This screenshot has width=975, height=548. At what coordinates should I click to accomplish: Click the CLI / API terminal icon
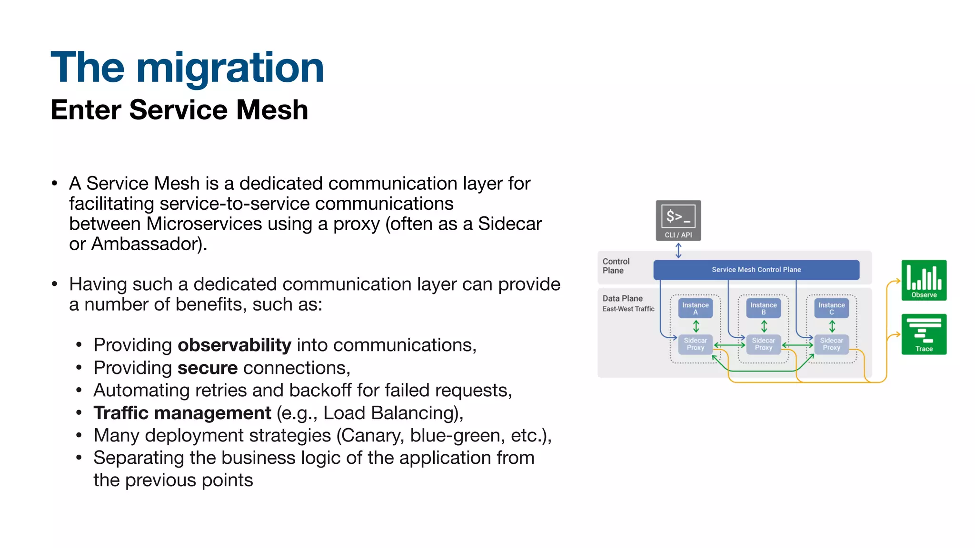pos(678,220)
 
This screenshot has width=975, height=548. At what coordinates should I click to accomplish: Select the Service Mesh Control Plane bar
pos(756,270)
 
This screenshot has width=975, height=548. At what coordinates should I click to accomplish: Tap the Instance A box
pos(695,308)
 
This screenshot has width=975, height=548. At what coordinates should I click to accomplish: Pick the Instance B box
pos(763,308)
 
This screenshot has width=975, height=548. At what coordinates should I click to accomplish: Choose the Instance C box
pos(831,308)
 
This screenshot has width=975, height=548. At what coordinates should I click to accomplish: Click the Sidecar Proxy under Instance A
pos(695,344)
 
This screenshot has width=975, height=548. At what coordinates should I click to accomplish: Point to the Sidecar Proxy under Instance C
pos(831,344)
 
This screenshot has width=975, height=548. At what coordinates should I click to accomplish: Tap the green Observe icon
pos(924,280)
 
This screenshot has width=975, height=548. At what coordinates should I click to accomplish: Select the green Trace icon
pos(924,334)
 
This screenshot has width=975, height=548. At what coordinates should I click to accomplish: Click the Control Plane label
pos(616,266)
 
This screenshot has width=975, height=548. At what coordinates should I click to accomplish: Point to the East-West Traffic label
pos(628,309)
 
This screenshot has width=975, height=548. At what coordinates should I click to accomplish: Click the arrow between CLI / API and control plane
pos(678,250)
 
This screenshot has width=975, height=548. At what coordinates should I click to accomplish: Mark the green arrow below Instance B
pos(764,326)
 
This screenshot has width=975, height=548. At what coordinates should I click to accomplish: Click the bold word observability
pos(234,345)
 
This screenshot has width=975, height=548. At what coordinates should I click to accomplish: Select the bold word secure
pos(208,368)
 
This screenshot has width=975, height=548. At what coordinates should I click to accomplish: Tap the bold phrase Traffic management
pos(182,413)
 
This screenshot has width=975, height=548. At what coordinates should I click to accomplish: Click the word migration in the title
pos(230,68)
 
